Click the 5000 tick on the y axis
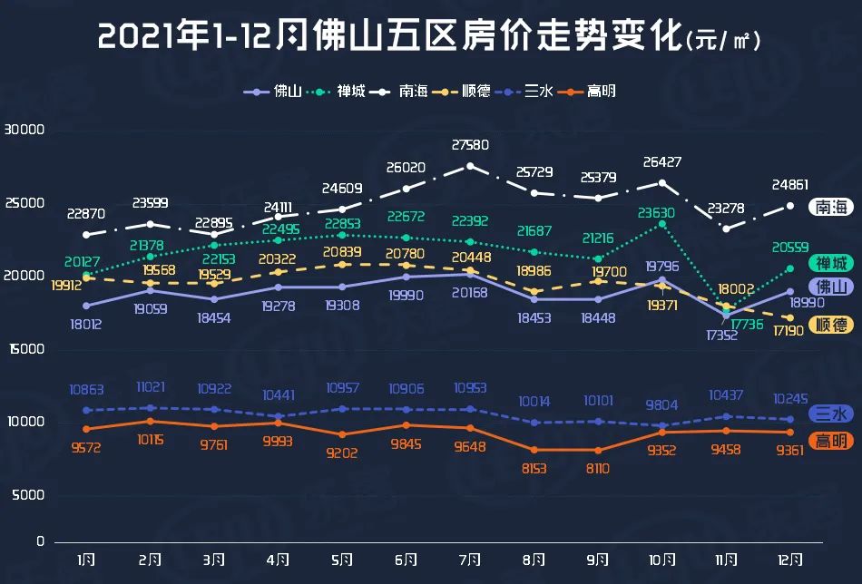point(28,495)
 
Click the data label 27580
point(470,145)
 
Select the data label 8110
point(597,469)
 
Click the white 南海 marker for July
point(470,166)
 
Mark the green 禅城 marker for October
point(662,224)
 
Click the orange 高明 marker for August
point(534,450)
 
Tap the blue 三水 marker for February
point(151,408)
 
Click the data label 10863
point(86,390)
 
